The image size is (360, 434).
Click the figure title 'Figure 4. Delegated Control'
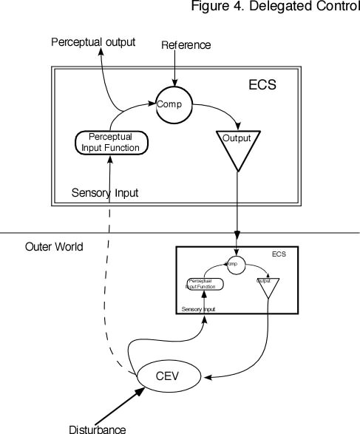pos(275,7)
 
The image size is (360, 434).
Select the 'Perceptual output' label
pos(93,41)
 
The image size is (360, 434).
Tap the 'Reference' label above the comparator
pos(186,46)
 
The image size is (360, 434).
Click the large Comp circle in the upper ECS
pos(174,105)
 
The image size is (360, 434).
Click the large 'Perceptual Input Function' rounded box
pos(109,142)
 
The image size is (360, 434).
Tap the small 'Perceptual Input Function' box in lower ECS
pos(204,284)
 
